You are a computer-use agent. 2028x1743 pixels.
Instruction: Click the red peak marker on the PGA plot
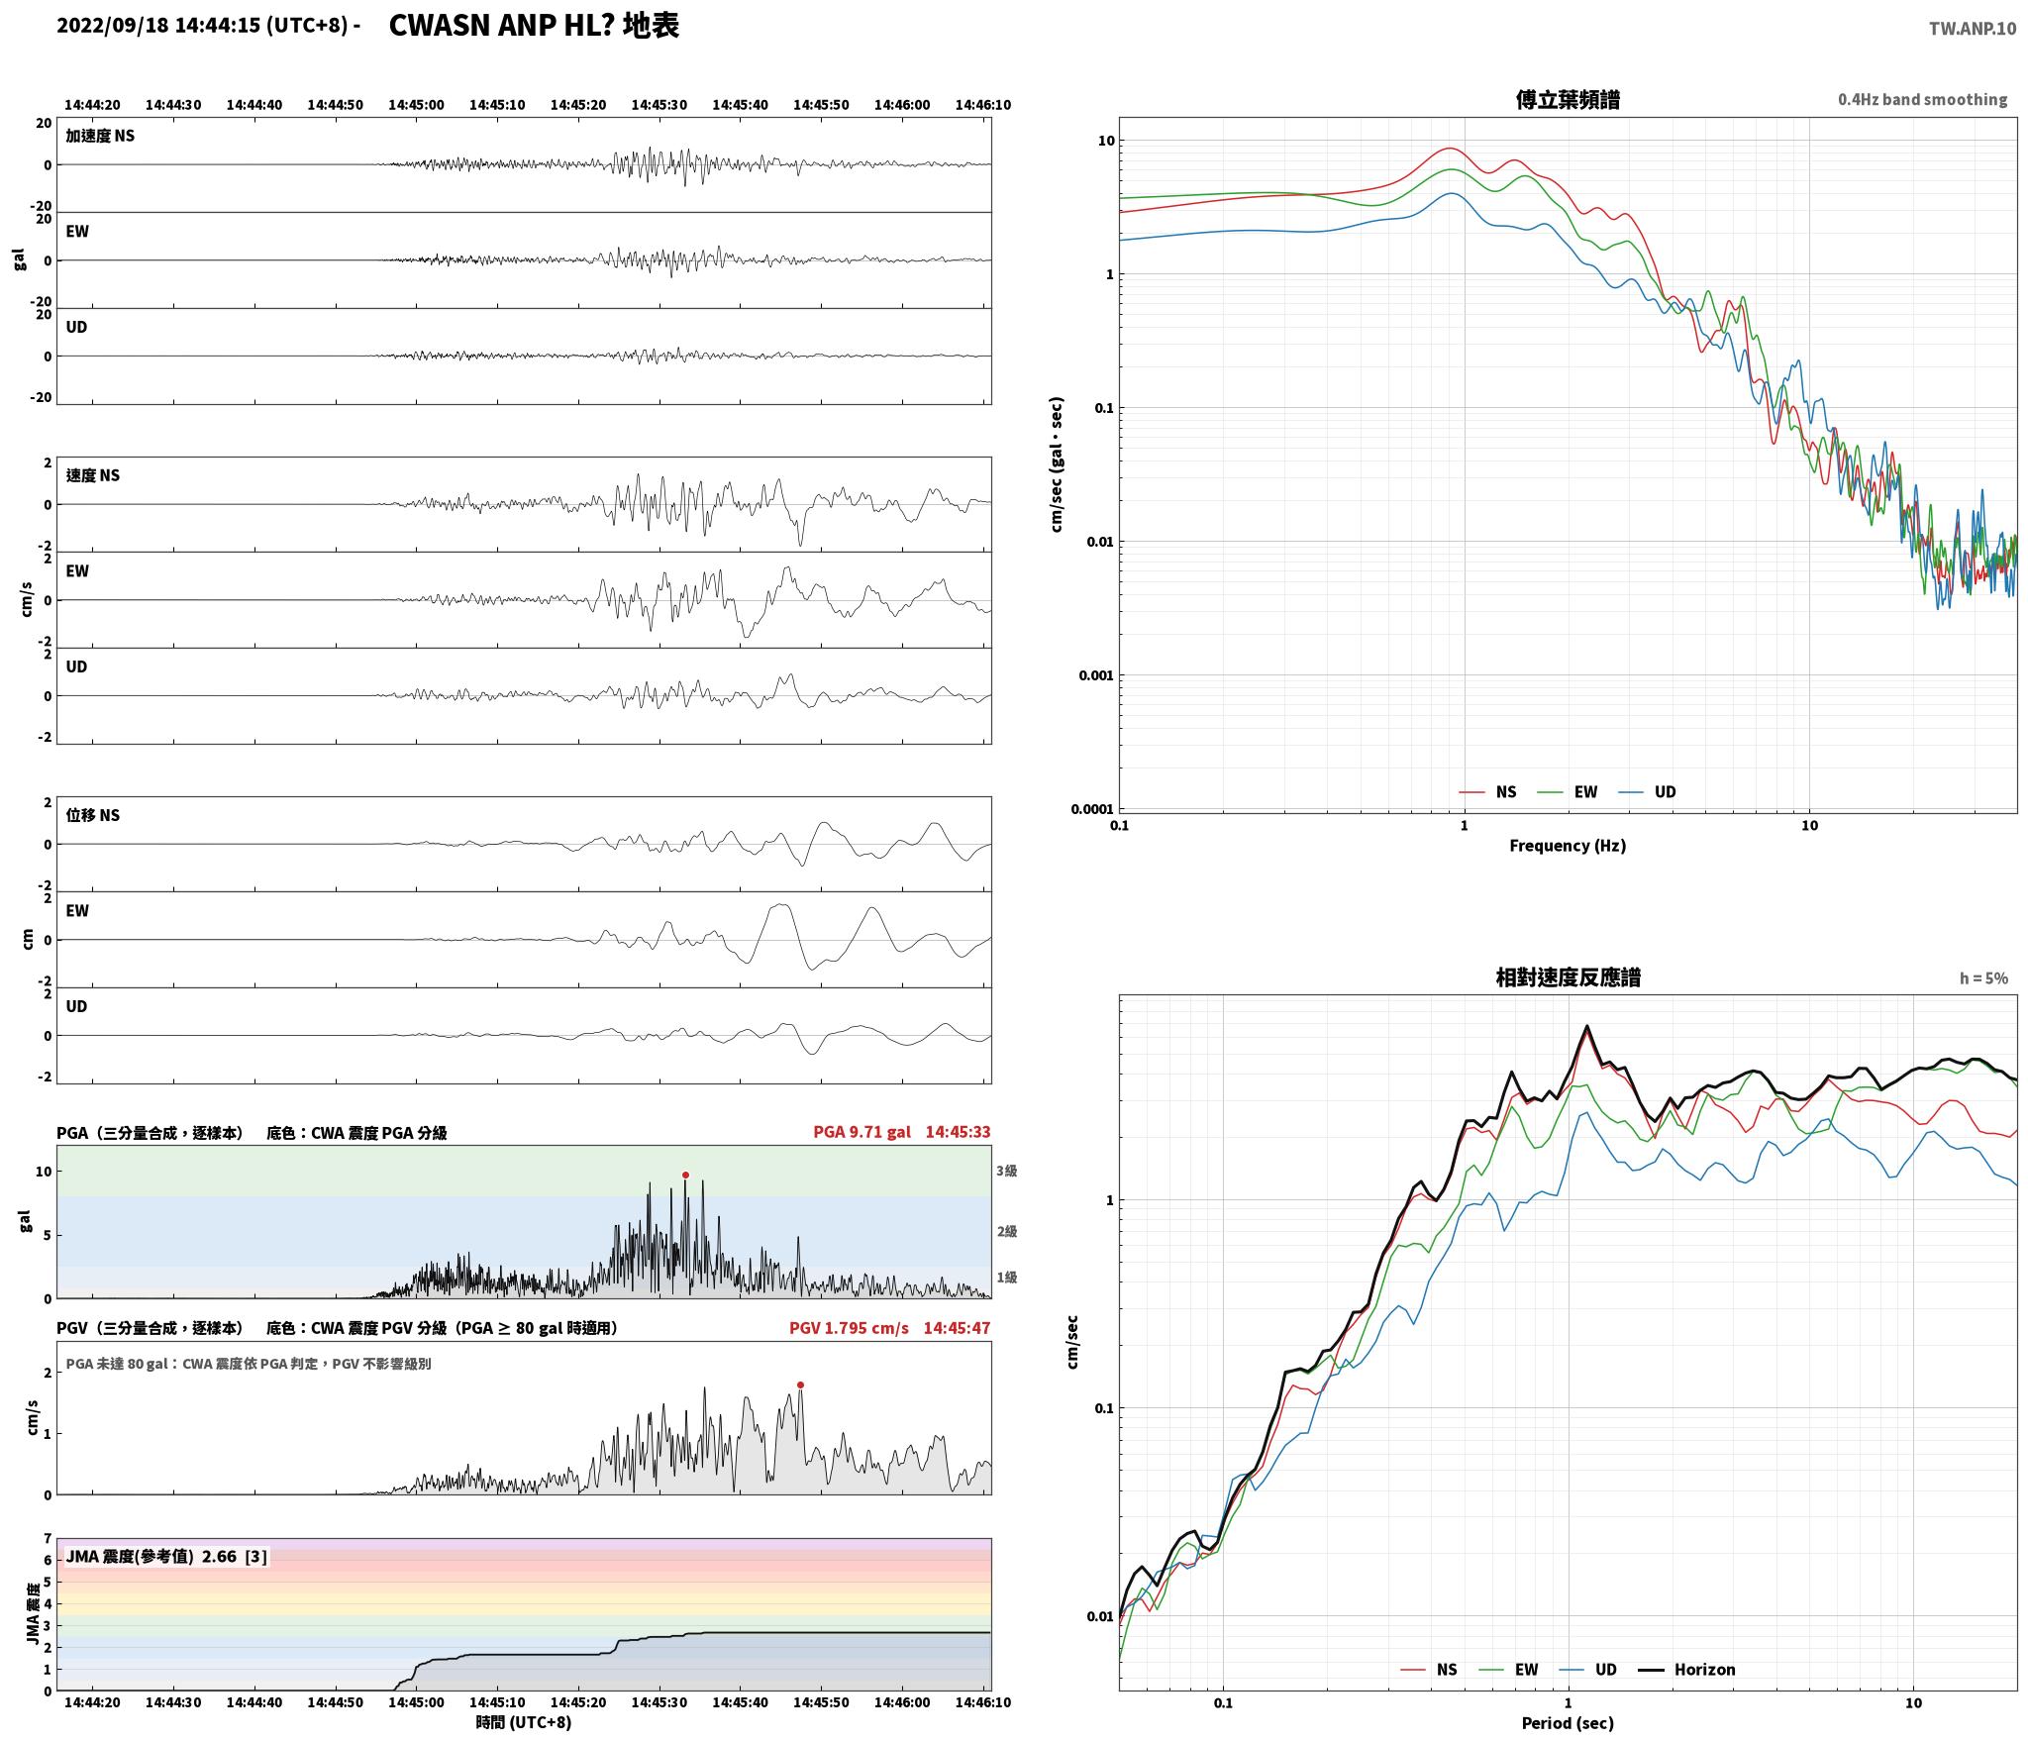(685, 1176)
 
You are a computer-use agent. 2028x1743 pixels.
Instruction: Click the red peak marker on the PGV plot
(800, 1385)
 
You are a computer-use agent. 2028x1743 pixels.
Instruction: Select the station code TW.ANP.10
(1972, 29)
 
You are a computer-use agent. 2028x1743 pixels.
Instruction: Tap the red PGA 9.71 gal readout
(862, 1132)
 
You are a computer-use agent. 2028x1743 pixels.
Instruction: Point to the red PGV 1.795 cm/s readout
(849, 1328)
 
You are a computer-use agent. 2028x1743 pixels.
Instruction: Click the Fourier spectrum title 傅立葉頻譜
(1568, 100)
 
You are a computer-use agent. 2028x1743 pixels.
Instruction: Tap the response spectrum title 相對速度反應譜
(1568, 977)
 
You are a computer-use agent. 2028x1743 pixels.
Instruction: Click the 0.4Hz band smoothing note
(1923, 100)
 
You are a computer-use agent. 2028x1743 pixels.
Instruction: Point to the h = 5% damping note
(1983, 978)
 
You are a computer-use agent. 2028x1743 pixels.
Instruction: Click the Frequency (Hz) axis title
(1568, 846)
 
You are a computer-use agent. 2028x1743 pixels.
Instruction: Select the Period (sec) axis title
(1568, 1723)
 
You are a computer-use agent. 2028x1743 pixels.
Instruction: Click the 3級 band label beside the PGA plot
(1007, 1171)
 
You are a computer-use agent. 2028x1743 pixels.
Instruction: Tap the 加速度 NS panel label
(100, 136)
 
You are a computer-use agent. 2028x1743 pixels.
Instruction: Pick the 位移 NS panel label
(93, 815)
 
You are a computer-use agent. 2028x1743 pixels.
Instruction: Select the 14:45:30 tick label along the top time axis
(659, 105)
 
